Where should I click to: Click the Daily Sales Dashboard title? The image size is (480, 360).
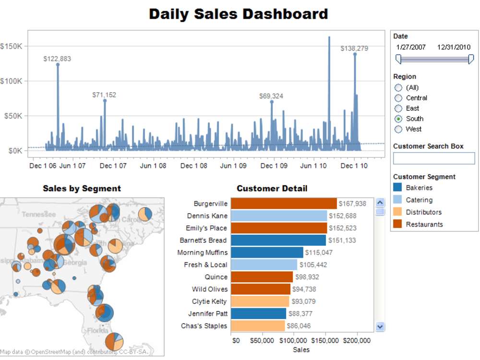coord(239,13)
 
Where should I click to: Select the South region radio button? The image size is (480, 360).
coord(398,119)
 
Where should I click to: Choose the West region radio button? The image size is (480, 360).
coord(398,129)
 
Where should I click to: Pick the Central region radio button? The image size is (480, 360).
coord(398,98)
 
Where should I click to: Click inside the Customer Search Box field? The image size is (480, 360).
coord(433,158)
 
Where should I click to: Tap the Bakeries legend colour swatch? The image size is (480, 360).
coord(397,188)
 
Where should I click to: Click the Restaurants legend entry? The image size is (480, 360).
coord(424,224)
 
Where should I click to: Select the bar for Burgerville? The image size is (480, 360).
coord(284,204)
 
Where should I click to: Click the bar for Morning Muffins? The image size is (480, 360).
coord(267,252)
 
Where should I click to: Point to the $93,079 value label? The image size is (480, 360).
coord(304,301)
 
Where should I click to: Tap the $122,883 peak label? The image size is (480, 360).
coord(57,59)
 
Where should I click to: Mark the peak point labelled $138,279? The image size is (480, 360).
coord(355,54)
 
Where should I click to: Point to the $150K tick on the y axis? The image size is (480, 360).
coord(12,47)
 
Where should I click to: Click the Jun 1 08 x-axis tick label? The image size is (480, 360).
coord(153,166)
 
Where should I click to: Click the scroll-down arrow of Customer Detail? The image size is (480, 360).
coord(380,326)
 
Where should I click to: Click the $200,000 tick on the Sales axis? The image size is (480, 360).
coord(357,340)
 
